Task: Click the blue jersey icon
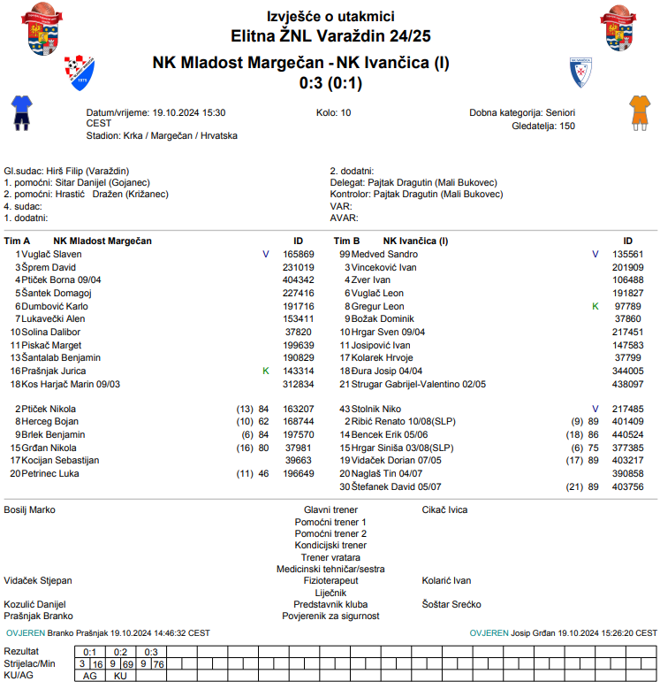point(20,112)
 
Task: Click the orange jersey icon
point(639,112)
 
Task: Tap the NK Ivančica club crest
point(580,72)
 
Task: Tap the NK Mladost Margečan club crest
point(79,73)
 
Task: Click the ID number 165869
point(298,254)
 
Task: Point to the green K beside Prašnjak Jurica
point(266,371)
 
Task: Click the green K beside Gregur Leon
point(596,306)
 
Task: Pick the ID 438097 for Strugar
point(628,385)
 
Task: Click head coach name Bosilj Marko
point(30,510)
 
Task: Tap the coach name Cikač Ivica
point(444,510)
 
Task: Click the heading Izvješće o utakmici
point(330,17)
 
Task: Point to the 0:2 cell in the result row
point(121,652)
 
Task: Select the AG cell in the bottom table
point(90,676)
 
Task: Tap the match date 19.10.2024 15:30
point(189,113)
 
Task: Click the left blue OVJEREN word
point(25,633)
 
